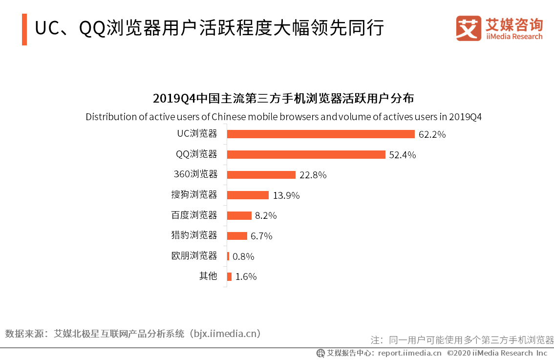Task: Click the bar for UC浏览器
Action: tap(320, 134)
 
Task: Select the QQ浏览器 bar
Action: tap(306, 154)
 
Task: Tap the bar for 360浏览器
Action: tap(261, 175)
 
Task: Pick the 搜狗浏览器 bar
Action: tap(248, 195)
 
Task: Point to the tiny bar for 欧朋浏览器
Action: tap(228, 256)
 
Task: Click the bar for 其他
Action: tap(229, 276)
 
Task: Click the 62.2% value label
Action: tap(432, 134)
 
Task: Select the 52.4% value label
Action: tap(402, 155)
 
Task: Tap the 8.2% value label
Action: tap(266, 215)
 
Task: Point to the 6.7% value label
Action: tap(261, 236)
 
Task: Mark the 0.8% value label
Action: tap(243, 256)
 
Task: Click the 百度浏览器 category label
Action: tap(194, 215)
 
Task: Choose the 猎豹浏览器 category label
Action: tap(194, 235)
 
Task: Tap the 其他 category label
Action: tap(208, 276)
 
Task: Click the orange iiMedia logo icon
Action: tap(469, 28)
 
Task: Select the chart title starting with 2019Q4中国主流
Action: tap(283, 98)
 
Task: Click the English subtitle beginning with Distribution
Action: tap(283, 117)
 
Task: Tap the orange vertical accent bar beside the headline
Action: tap(24, 29)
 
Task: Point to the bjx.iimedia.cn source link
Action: tap(224, 334)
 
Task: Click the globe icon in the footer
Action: tap(320, 353)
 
